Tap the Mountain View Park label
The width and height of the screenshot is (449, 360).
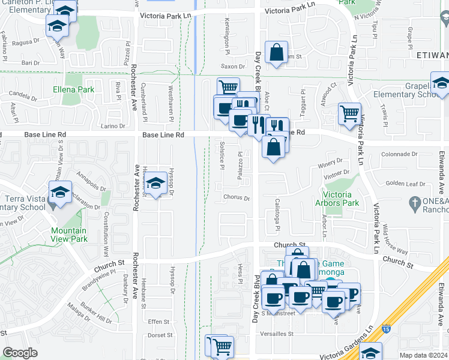coord(68,235)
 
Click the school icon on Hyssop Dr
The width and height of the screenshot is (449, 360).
coord(156,184)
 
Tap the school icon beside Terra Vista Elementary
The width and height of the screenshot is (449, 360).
coord(59,192)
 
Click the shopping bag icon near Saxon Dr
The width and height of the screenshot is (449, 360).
coord(276,52)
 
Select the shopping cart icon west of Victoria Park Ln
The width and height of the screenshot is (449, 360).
coord(349,112)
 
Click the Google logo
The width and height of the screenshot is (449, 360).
coord(20,353)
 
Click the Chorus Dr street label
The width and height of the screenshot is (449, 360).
coord(236,197)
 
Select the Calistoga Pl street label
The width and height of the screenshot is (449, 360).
coord(278,214)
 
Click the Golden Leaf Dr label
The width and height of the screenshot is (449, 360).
coord(405,184)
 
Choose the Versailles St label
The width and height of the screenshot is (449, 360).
coord(273,334)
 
